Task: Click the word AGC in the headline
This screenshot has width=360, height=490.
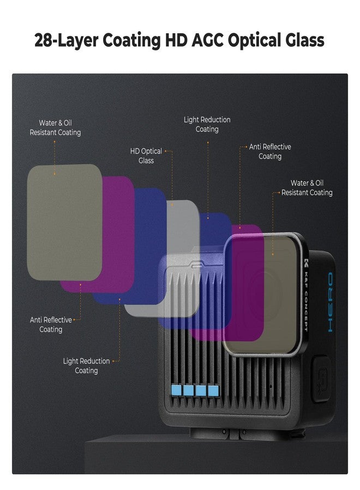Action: point(207,40)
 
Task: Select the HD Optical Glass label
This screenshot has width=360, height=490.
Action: point(146,156)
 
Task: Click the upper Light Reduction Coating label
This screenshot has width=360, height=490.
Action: point(207,124)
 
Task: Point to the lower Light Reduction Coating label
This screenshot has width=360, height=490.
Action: point(86,366)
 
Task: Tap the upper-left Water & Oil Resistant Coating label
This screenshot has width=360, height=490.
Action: point(55,127)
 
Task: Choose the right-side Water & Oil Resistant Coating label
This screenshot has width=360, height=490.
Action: point(307,187)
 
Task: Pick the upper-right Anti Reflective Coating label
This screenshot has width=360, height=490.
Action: point(270,151)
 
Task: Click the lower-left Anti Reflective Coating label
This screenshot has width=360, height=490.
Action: point(51,324)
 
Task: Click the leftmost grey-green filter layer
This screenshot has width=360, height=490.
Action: point(64,222)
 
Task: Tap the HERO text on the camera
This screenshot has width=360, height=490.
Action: point(331,302)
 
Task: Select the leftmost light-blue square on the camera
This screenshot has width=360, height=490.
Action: point(176,390)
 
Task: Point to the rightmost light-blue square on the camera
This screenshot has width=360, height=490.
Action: point(213,390)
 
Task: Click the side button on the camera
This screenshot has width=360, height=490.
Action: point(321,379)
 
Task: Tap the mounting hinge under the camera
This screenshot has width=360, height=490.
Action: point(234,433)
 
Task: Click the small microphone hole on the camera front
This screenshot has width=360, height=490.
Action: point(271,386)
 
